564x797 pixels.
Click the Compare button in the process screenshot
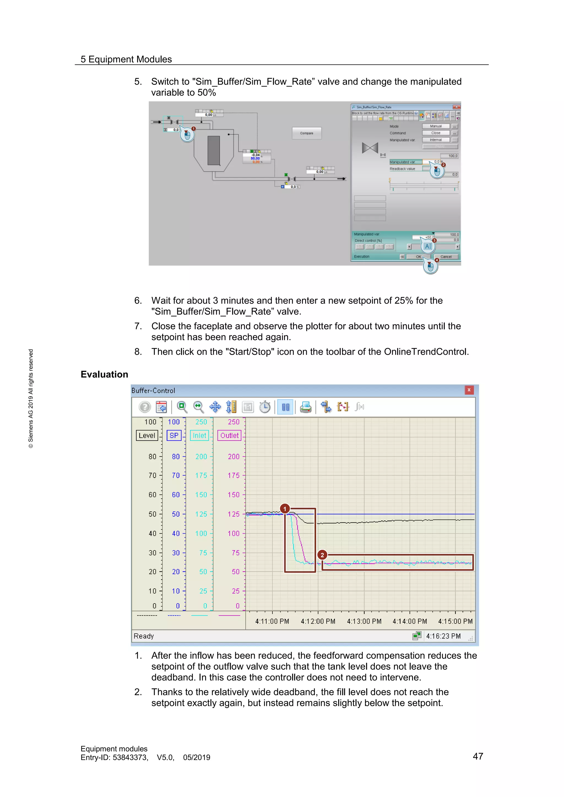pos(306,133)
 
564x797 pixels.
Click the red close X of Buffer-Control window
pos(469,390)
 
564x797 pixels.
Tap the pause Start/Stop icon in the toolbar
pos(286,407)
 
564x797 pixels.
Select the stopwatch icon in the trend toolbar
pos(265,407)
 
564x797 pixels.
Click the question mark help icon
pos(145,407)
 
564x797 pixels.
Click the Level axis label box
pos(147,435)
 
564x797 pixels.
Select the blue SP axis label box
pos(174,435)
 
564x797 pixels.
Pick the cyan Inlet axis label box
pos(199,435)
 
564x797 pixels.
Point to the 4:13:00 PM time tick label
pos(364,621)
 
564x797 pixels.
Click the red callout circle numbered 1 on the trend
pos(285,509)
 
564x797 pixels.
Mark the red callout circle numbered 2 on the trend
pos(322,555)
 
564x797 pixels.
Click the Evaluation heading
pos(104,374)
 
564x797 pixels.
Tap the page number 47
pos(478,756)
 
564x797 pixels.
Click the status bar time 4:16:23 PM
pos(443,636)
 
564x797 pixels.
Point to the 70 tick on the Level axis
pos(153,476)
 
